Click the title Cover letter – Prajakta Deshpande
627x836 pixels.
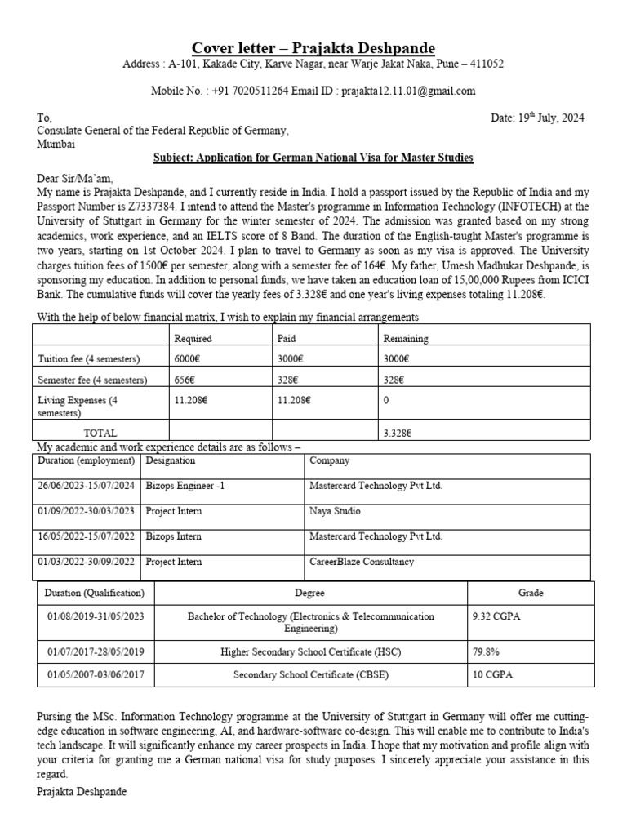pyautogui.click(x=313, y=47)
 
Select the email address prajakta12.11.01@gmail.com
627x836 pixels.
pyautogui.click(x=408, y=91)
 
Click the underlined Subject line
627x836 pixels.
pyautogui.click(x=313, y=157)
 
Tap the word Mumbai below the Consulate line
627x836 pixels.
pyautogui.click(x=56, y=144)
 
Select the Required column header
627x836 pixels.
pyautogui.click(x=193, y=338)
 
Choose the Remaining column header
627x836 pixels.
pyautogui.click(x=405, y=338)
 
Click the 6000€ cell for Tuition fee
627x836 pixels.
pyautogui.click(x=187, y=359)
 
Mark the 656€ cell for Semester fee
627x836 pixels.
pyautogui.click(x=185, y=380)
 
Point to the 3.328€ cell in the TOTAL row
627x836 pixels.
pyautogui.click(x=398, y=433)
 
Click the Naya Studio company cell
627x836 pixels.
pyautogui.click(x=335, y=511)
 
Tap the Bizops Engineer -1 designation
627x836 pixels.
pyautogui.click(x=185, y=485)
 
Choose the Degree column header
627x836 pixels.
pyautogui.click(x=310, y=593)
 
